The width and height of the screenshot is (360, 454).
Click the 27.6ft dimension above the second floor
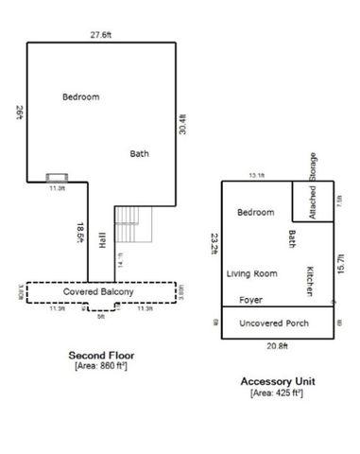101,35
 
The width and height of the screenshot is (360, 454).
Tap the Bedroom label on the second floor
81,96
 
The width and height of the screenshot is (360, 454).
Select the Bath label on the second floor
139,153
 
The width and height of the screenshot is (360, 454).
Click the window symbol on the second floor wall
57,176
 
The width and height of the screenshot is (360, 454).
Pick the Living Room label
251,274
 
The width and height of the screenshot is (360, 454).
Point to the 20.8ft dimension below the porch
277,346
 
